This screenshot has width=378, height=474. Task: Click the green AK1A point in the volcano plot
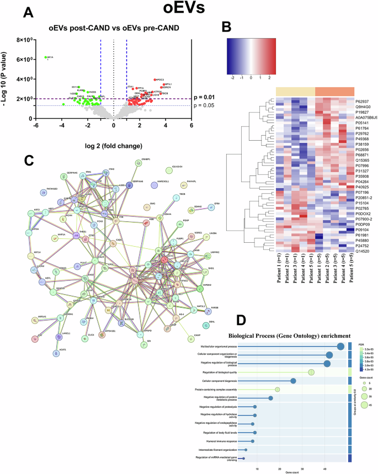45,57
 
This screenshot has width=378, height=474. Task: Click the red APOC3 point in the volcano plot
155,80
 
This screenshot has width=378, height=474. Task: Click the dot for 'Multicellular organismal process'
340,346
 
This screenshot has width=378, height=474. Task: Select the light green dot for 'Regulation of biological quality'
311,372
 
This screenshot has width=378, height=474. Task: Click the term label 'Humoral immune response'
219,441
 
